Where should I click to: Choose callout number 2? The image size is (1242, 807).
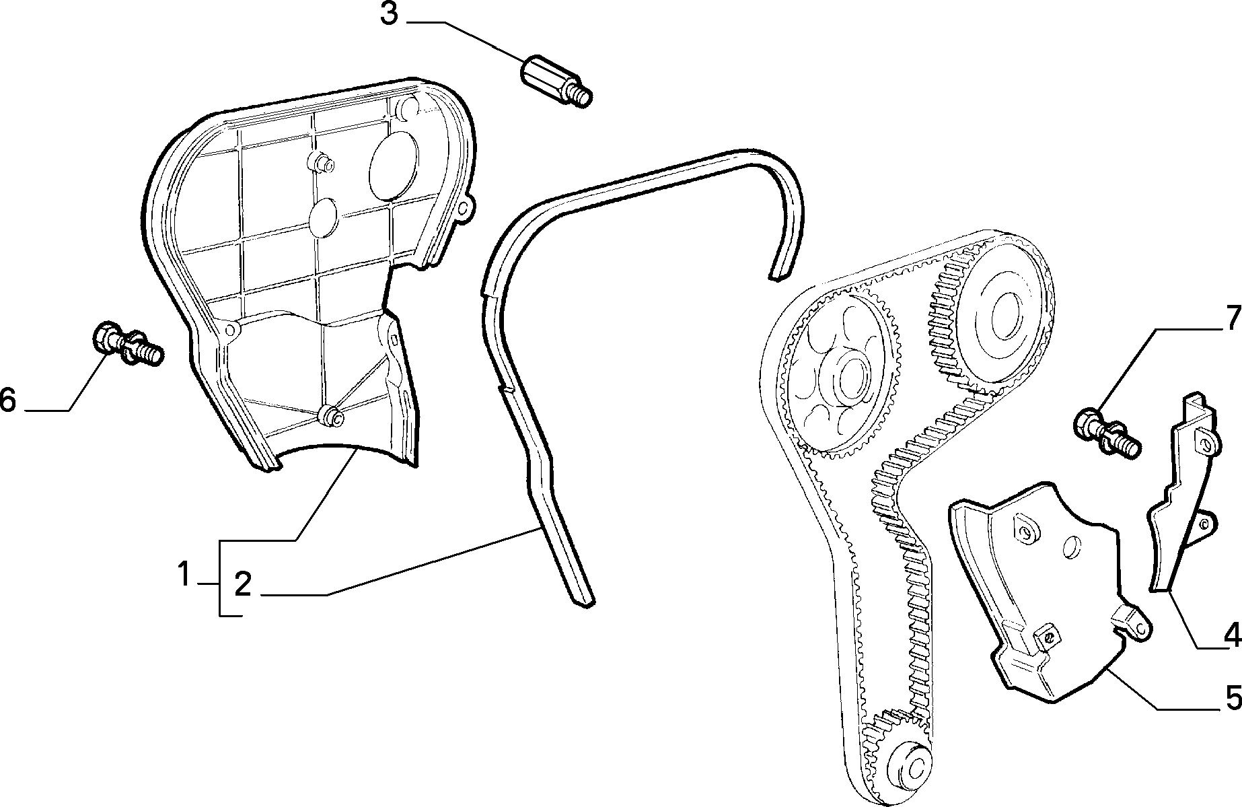pyautogui.click(x=242, y=584)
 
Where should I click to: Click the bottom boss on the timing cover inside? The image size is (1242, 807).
pyautogui.click(x=330, y=417)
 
